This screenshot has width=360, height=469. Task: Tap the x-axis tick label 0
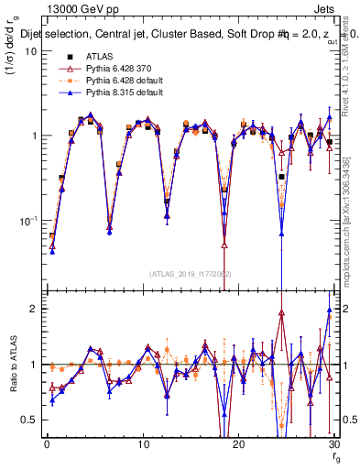[x=46, y=444]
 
